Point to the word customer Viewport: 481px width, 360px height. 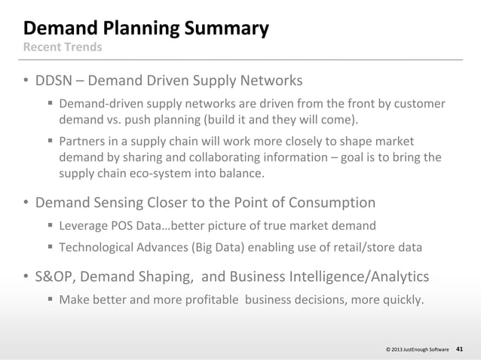coord(418,103)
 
